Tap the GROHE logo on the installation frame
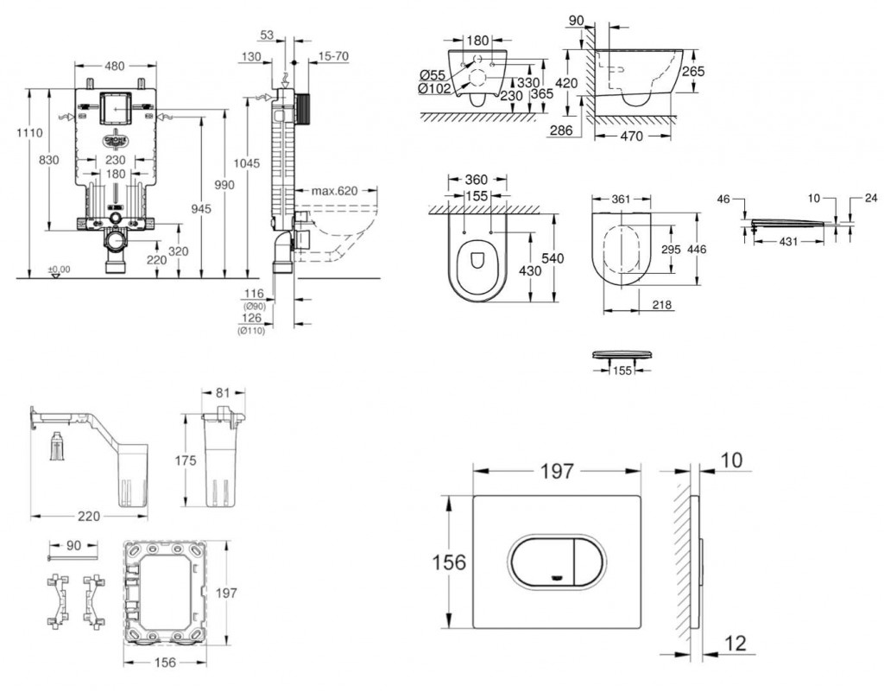tap(116, 139)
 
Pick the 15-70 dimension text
tap(331, 57)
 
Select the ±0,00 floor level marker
tap(59, 270)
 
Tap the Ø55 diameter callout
tap(432, 75)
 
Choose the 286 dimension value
tap(562, 130)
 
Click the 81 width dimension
tap(223, 394)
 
